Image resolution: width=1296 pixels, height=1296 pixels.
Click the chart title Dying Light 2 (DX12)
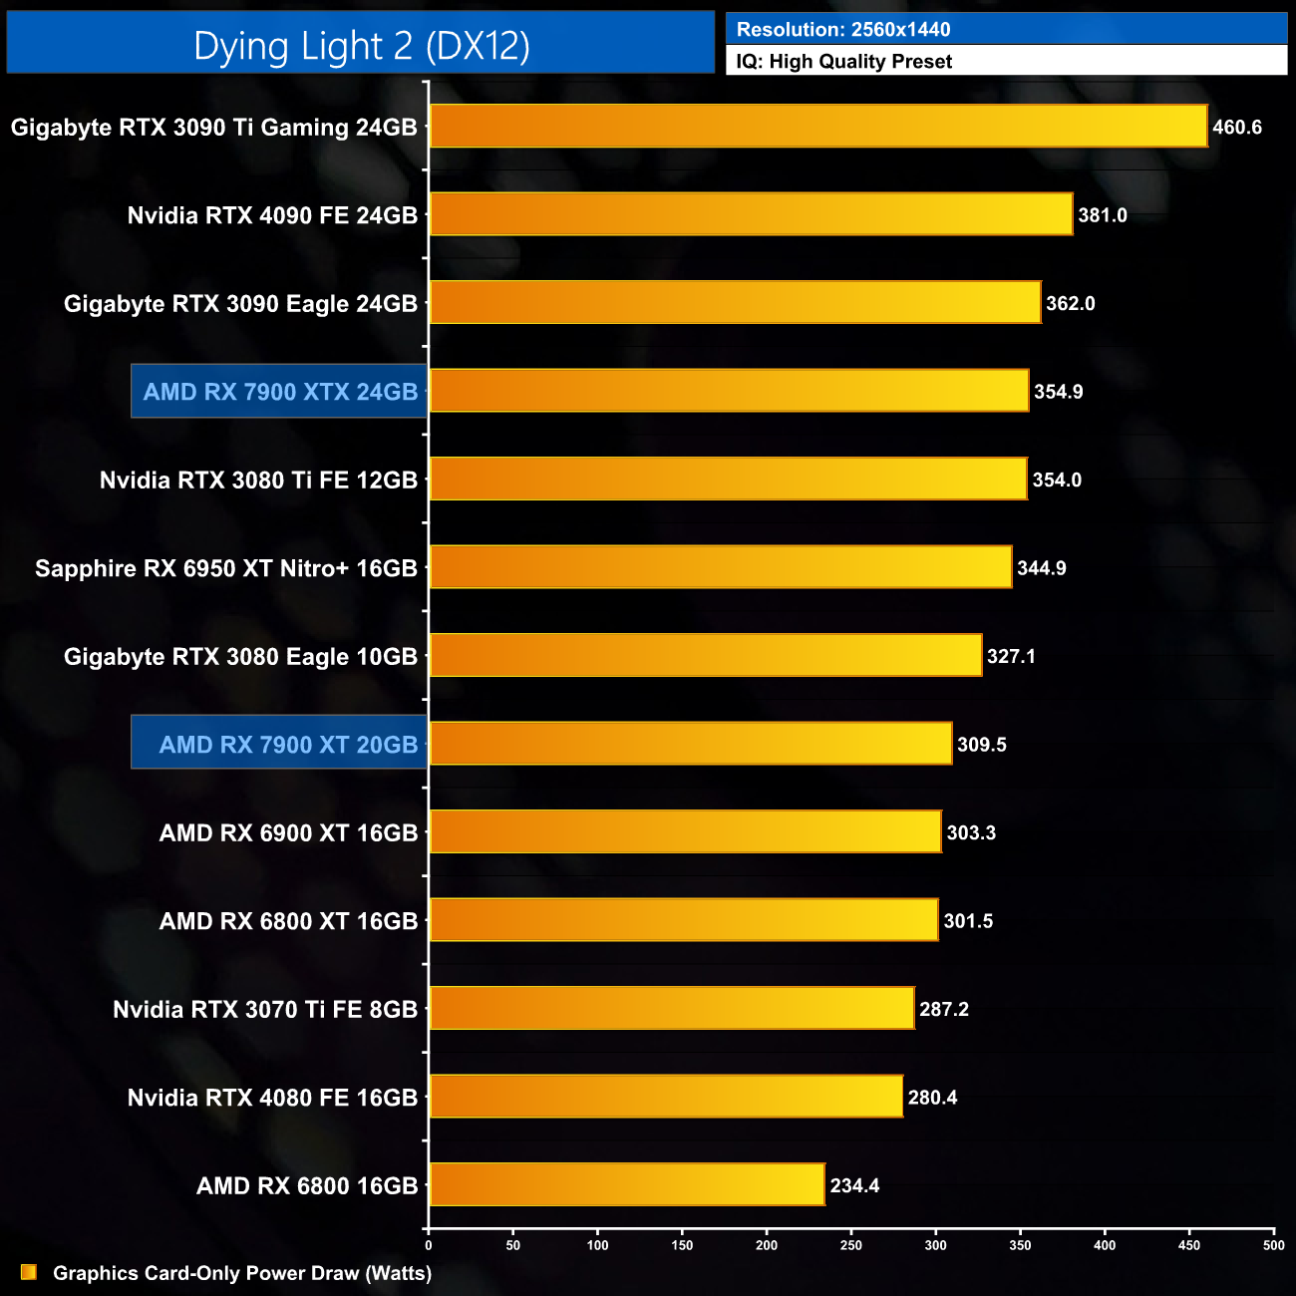coord(361,46)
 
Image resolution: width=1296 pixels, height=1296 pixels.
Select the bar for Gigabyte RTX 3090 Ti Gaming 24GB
coord(817,127)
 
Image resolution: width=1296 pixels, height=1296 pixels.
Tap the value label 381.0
coord(1102,215)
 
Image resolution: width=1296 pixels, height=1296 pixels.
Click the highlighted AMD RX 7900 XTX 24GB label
coord(280,392)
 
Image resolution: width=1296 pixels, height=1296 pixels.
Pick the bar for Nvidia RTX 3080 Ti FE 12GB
coord(728,480)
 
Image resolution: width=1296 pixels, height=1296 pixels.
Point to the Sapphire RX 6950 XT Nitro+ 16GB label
coord(226,568)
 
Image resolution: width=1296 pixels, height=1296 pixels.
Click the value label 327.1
coord(1011,656)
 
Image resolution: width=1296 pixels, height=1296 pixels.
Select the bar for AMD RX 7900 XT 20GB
coord(690,744)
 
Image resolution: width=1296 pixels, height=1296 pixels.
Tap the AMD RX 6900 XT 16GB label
coord(288,832)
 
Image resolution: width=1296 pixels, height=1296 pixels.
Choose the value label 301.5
coord(968,921)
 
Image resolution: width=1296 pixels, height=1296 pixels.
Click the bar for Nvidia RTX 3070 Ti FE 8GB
coord(671,1009)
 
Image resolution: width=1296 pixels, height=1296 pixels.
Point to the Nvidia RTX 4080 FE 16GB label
coord(272,1098)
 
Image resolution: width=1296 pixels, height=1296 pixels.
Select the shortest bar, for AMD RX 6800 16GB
coord(626,1185)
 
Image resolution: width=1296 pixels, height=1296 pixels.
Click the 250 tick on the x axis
coord(851,1244)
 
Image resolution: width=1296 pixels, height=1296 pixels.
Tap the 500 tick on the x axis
coord(1273,1244)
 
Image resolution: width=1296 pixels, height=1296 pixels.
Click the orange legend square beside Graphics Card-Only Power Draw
coord(29,1272)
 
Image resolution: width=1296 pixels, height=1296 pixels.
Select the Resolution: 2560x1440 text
coord(843,30)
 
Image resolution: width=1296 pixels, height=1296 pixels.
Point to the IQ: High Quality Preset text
coord(844,62)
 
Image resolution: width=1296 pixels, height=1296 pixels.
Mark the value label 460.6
coord(1237,128)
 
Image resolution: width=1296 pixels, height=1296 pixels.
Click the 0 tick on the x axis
coord(429,1244)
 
